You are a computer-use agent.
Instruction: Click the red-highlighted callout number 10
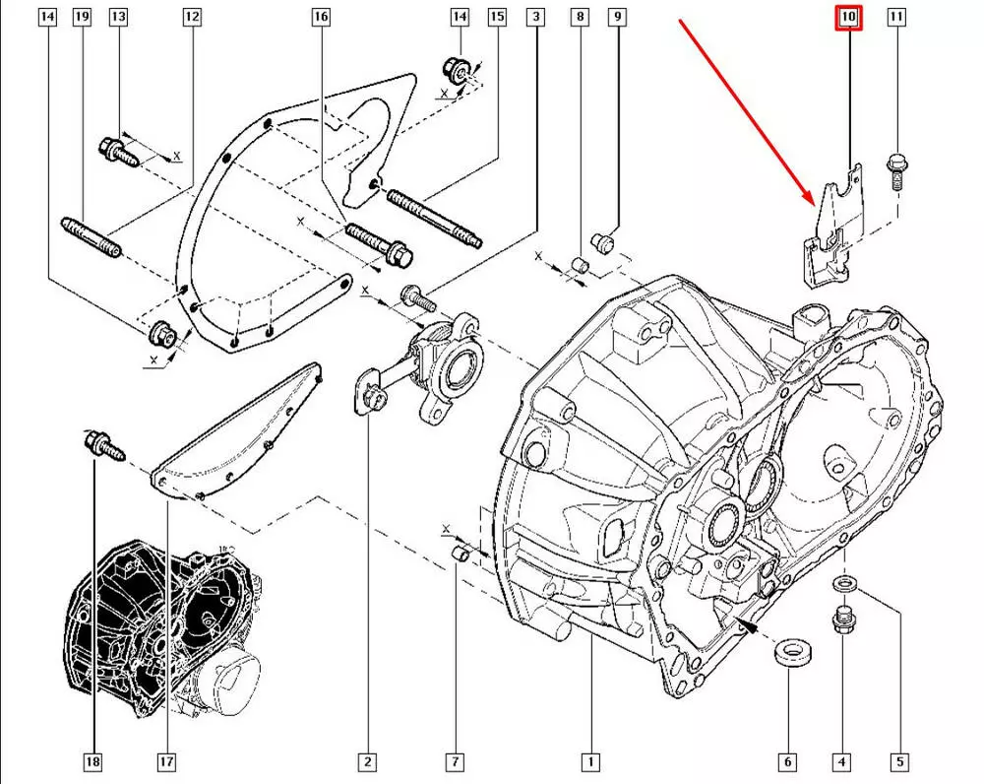[x=848, y=17]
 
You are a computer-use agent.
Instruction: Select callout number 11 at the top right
[x=896, y=17]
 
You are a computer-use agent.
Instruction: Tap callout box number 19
[x=82, y=17]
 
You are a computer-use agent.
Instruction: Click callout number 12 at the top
[x=192, y=17]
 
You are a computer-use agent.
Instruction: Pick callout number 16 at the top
[x=321, y=17]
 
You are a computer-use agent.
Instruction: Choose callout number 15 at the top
[x=496, y=17]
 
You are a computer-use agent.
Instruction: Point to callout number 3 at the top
[x=535, y=17]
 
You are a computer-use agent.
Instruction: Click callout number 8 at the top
[x=580, y=17]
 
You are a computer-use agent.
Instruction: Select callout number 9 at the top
[x=618, y=17]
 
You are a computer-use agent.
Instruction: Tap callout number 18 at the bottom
[x=93, y=761]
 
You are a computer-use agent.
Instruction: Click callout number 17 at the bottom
[x=166, y=761]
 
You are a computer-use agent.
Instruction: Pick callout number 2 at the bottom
[x=366, y=761]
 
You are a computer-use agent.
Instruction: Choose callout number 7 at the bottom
[x=455, y=761]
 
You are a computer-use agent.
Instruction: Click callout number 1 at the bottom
[x=590, y=761]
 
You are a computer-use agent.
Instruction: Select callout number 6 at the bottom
[x=787, y=761]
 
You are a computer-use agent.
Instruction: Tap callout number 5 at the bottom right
[x=899, y=761]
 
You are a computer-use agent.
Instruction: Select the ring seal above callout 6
[x=788, y=652]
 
